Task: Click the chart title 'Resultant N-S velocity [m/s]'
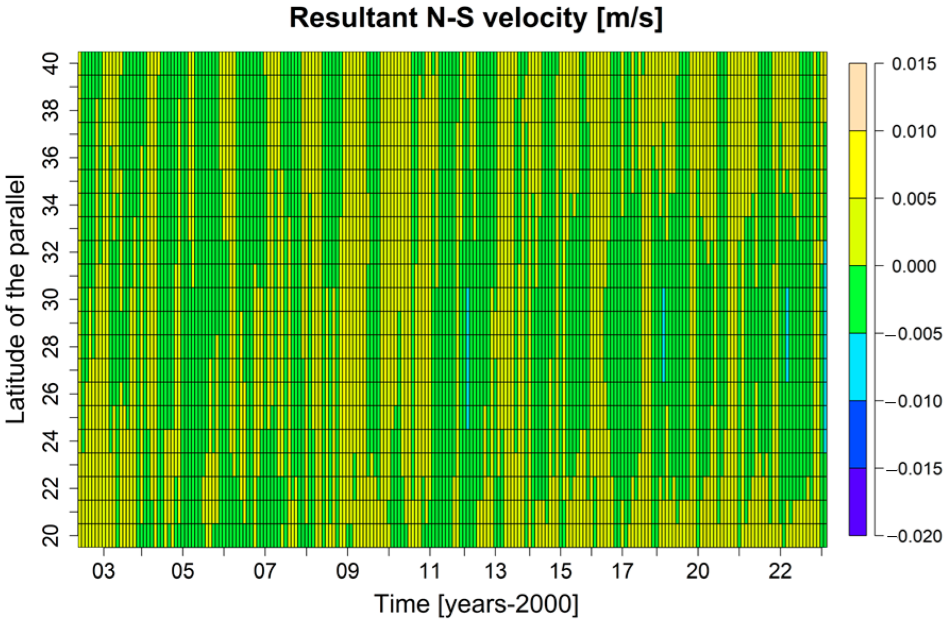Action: [476, 19]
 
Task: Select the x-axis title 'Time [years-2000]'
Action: [476, 604]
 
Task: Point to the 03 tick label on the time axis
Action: [103, 571]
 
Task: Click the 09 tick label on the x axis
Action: [347, 571]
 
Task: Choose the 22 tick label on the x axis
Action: [780, 571]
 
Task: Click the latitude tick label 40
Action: [52, 64]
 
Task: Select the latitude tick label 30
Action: [52, 299]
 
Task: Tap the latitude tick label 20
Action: [52, 535]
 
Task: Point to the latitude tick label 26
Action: [52, 393]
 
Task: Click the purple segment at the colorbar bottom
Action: [857, 502]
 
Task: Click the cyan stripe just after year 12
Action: [468, 358]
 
